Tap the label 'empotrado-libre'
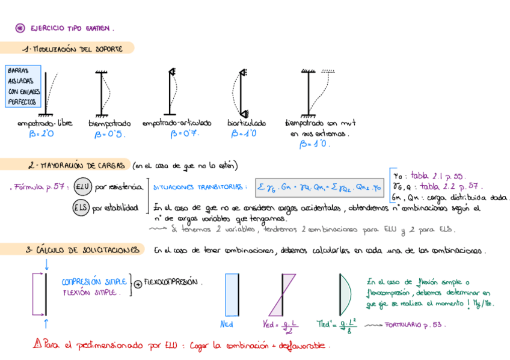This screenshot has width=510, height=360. coord(45,123)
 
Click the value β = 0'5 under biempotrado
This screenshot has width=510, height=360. coord(109,135)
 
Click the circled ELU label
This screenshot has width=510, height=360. coord(82,187)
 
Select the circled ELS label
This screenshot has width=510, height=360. coord(82,208)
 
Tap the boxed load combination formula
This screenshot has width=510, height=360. coord(319,186)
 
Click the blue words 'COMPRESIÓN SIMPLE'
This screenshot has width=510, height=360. coord(94,281)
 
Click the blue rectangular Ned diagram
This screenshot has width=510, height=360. coord(231,294)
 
